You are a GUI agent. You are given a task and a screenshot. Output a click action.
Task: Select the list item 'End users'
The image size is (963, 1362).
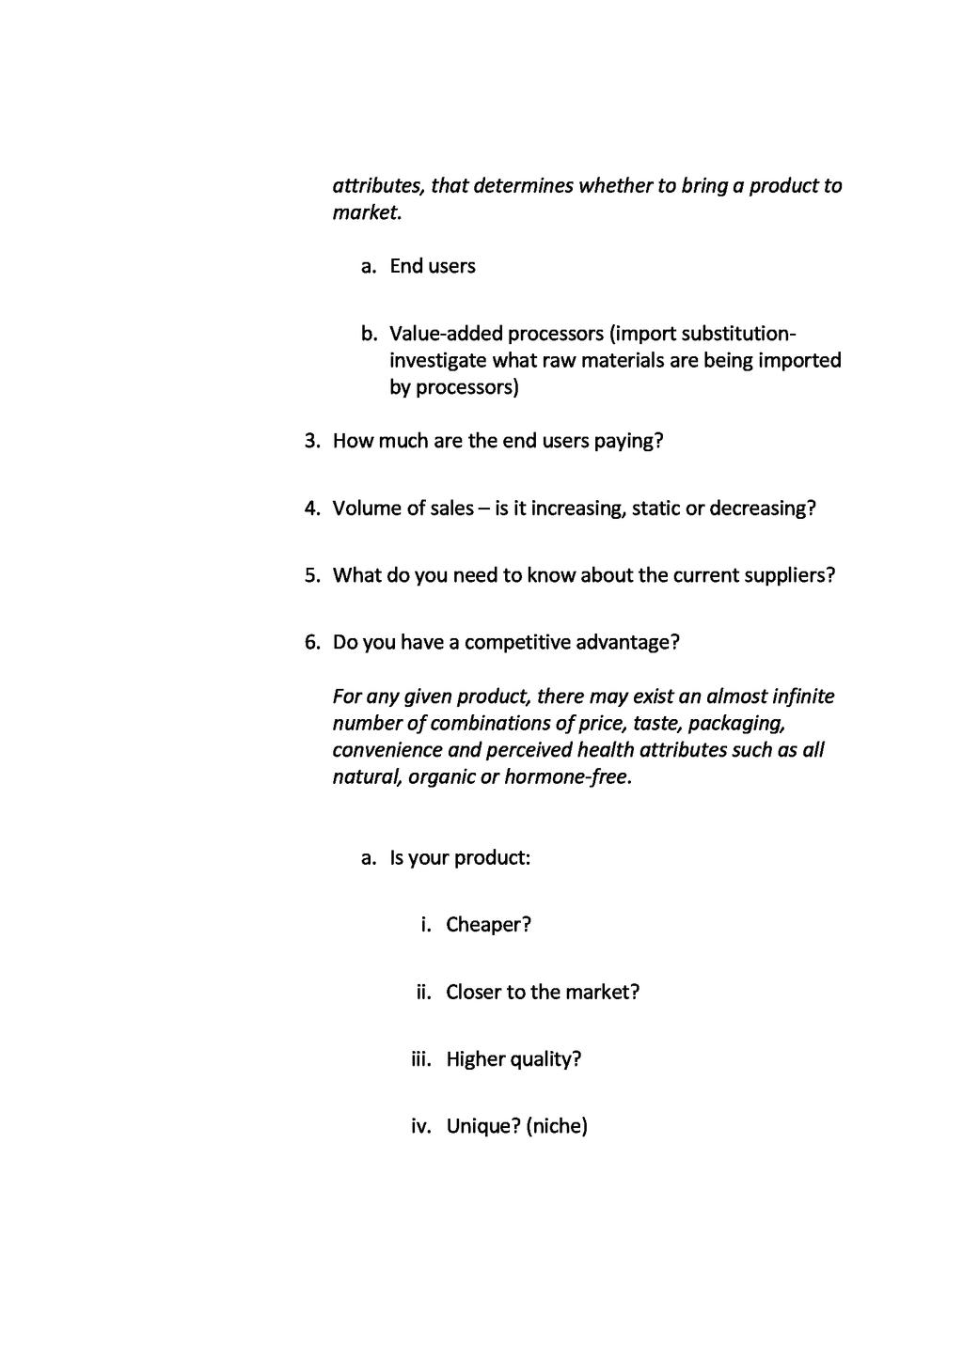pyautogui.click(x=433, y=267)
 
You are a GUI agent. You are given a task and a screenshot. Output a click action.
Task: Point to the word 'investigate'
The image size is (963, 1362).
pyautogui.click(x=437, y=361)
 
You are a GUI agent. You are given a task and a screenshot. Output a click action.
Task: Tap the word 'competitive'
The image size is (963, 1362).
pyautogui.click(x=517, y=643)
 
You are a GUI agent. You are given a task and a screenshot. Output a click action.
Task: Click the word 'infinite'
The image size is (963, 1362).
pyautogui.click(x=802, y=697)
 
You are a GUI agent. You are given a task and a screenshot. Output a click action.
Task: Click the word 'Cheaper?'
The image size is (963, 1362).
pyautogui.click(x=488, y=925)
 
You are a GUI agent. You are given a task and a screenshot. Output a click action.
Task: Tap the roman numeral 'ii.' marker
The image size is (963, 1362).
pyautogui.click(x=423, y=993)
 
